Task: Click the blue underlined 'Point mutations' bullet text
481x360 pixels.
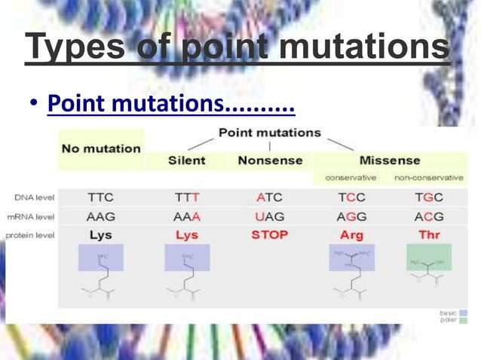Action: (x=170, y=103)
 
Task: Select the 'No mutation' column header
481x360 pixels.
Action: (x=100, y=148)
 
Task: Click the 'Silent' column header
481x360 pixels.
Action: (x=186, y=160)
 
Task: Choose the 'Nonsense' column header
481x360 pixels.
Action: (x=270, y=160)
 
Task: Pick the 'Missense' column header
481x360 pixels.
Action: (x=389, y=160)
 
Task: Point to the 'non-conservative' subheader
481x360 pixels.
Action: (x=428, y=178)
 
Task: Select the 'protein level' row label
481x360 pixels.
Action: (x=29, y=235)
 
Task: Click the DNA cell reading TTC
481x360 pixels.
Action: (x=100, y=198)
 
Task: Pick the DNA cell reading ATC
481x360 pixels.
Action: (x=269, y=198)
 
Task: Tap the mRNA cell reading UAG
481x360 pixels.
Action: (x=269, y=217)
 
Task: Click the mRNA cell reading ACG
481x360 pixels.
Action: (x=428, y=217)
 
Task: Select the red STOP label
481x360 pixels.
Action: (x=269, y=235)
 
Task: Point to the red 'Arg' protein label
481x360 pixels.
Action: (x=351, y=235)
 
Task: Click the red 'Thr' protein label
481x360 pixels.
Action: (x=428, y=235)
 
